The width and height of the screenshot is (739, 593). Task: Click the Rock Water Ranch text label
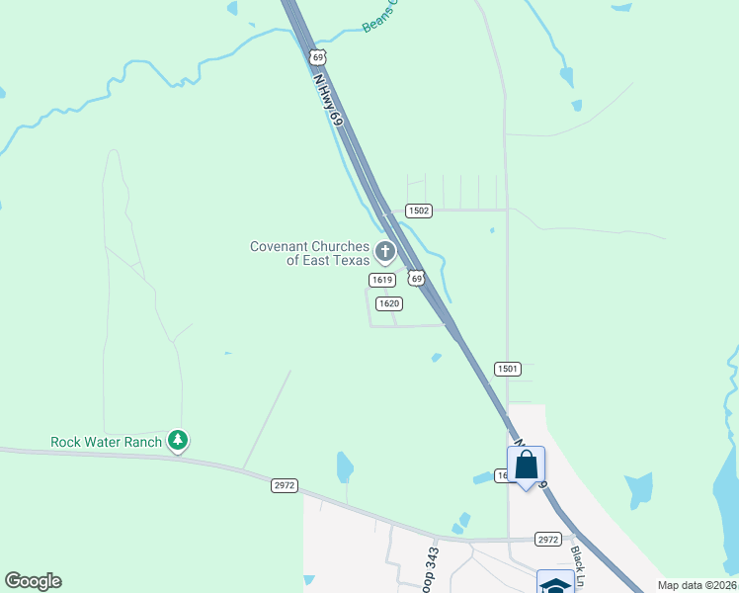click(106, 442)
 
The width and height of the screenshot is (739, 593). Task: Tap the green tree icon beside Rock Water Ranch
click(177, 440)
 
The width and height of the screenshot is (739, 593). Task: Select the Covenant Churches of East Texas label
click(309, 253)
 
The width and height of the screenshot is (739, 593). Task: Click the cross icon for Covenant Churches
click(385, 254)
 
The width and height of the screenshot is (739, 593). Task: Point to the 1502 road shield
click(419, 211)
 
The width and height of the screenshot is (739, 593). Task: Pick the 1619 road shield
click(383, 280)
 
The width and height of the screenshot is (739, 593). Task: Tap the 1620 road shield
click(388, 303)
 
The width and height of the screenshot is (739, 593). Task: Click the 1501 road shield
click(507, 369)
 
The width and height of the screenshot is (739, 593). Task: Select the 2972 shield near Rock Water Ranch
click(284, 485)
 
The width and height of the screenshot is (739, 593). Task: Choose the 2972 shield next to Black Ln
click(548, 539)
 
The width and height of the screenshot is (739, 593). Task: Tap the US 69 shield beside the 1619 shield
click(417, 279)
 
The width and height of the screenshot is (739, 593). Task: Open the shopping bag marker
click(527, 464)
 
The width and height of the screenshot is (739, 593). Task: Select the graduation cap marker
click(554, 583)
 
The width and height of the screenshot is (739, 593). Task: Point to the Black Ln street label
click(582, 561)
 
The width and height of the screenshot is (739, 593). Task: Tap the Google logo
click(33, 581)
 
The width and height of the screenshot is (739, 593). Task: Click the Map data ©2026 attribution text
click(698, 585)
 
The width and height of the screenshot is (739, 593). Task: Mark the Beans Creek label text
click(379, 17)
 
